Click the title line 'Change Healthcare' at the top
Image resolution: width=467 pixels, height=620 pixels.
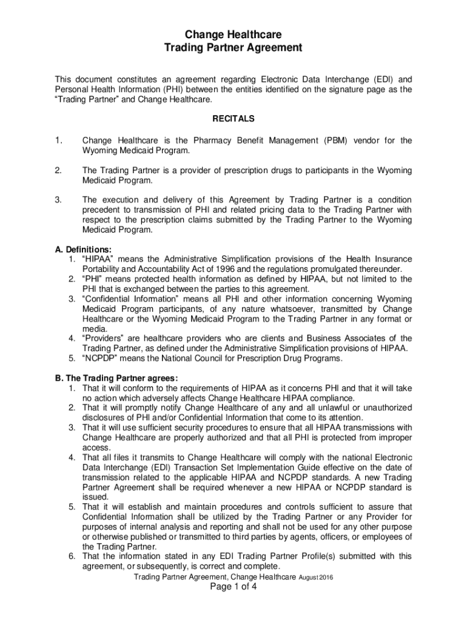pos(233,35)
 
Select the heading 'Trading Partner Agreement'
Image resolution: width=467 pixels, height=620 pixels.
pos(233,48)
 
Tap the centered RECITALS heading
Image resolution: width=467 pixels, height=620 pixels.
pos(233,119)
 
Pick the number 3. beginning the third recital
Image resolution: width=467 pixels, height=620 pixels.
pos(58,200)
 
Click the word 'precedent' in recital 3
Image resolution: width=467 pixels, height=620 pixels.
pos(101,210)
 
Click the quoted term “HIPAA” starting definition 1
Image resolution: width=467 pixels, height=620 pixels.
pos(97,259)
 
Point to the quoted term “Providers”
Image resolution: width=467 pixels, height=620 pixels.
pos(103,338)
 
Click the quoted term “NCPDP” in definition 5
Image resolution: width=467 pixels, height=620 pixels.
pos(99,358)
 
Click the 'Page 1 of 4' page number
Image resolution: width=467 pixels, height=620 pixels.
pos(233,589)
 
